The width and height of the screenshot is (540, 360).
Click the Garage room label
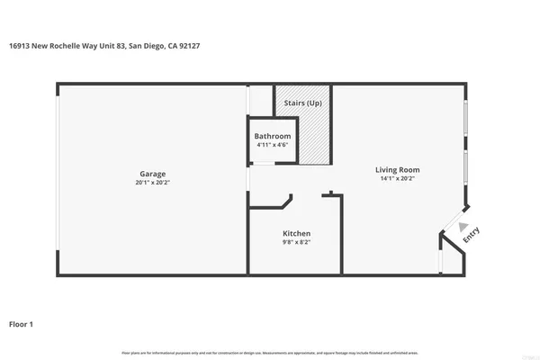coord(152,174)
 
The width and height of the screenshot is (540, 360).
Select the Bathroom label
coord(273,136)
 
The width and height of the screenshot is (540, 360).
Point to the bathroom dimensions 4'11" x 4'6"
coord(273,145)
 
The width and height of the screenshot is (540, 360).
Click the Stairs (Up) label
coord(302,103)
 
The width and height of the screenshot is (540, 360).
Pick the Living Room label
coord(397,169)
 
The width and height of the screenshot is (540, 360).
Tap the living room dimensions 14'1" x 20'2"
coord(397,178)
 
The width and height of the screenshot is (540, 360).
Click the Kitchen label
coord(296,233)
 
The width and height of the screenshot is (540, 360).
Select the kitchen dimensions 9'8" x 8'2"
coord(296,242)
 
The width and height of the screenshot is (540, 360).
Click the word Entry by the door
coord(471,236)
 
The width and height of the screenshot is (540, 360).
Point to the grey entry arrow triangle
coord(463,226)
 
